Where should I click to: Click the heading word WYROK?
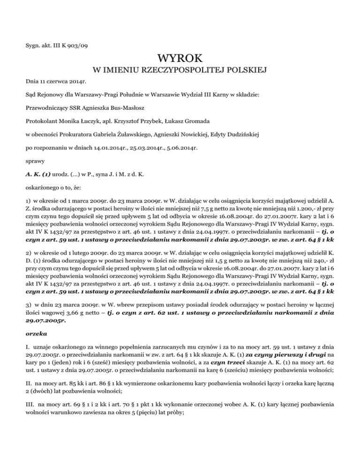coord(180,59)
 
